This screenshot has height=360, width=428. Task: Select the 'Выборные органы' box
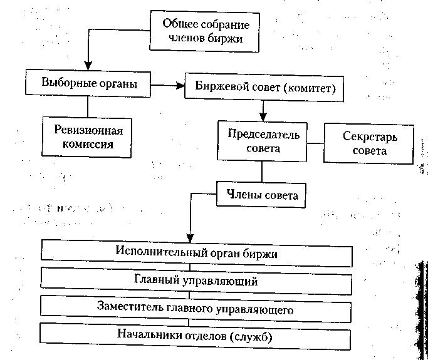pos(88,83)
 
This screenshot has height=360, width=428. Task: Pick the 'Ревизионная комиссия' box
pos(88,137)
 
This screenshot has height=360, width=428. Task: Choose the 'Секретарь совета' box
pos(369,142)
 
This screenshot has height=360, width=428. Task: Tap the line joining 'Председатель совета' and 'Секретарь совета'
pos(313,143)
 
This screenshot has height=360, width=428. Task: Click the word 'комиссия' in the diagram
pos(88,143)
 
